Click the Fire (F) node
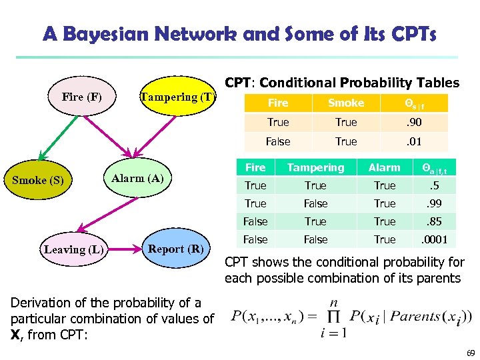click(x=82, y=97)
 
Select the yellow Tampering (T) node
click(x=177, y=97)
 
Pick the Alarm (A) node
click(x=137, y=178)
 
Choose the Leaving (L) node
click(x=73, y=249)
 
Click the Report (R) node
click(x=175, y=249)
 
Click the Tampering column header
click(x=315, y=167)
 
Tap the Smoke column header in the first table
click(x=346, y=103)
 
